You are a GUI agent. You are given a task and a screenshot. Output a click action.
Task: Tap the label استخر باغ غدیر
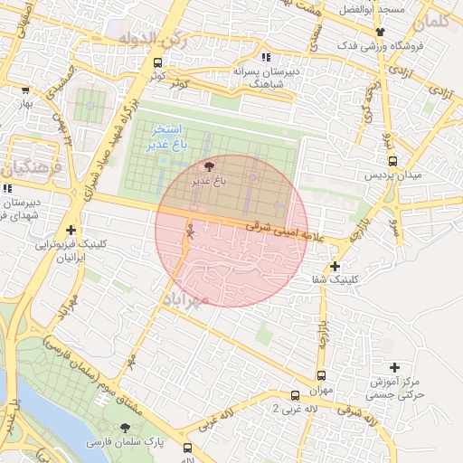coord(167,137)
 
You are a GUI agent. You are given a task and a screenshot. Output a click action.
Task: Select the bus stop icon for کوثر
coord(158,63)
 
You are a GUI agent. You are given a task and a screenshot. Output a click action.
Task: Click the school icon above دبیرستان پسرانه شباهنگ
coord(265,55)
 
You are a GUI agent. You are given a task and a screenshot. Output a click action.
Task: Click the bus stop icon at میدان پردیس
coord(392,160)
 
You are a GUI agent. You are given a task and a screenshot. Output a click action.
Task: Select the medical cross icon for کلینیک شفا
coord(335,266)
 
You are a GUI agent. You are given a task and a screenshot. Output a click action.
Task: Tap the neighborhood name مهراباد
coord(187,298)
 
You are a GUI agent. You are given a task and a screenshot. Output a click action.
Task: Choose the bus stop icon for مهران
coord(321,374)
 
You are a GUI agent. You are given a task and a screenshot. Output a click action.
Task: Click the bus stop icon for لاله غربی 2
coord(295,395)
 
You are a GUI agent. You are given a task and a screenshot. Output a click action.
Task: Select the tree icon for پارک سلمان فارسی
coord(125,427)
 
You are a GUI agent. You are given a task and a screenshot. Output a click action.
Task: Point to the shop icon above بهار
coord(24,90)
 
